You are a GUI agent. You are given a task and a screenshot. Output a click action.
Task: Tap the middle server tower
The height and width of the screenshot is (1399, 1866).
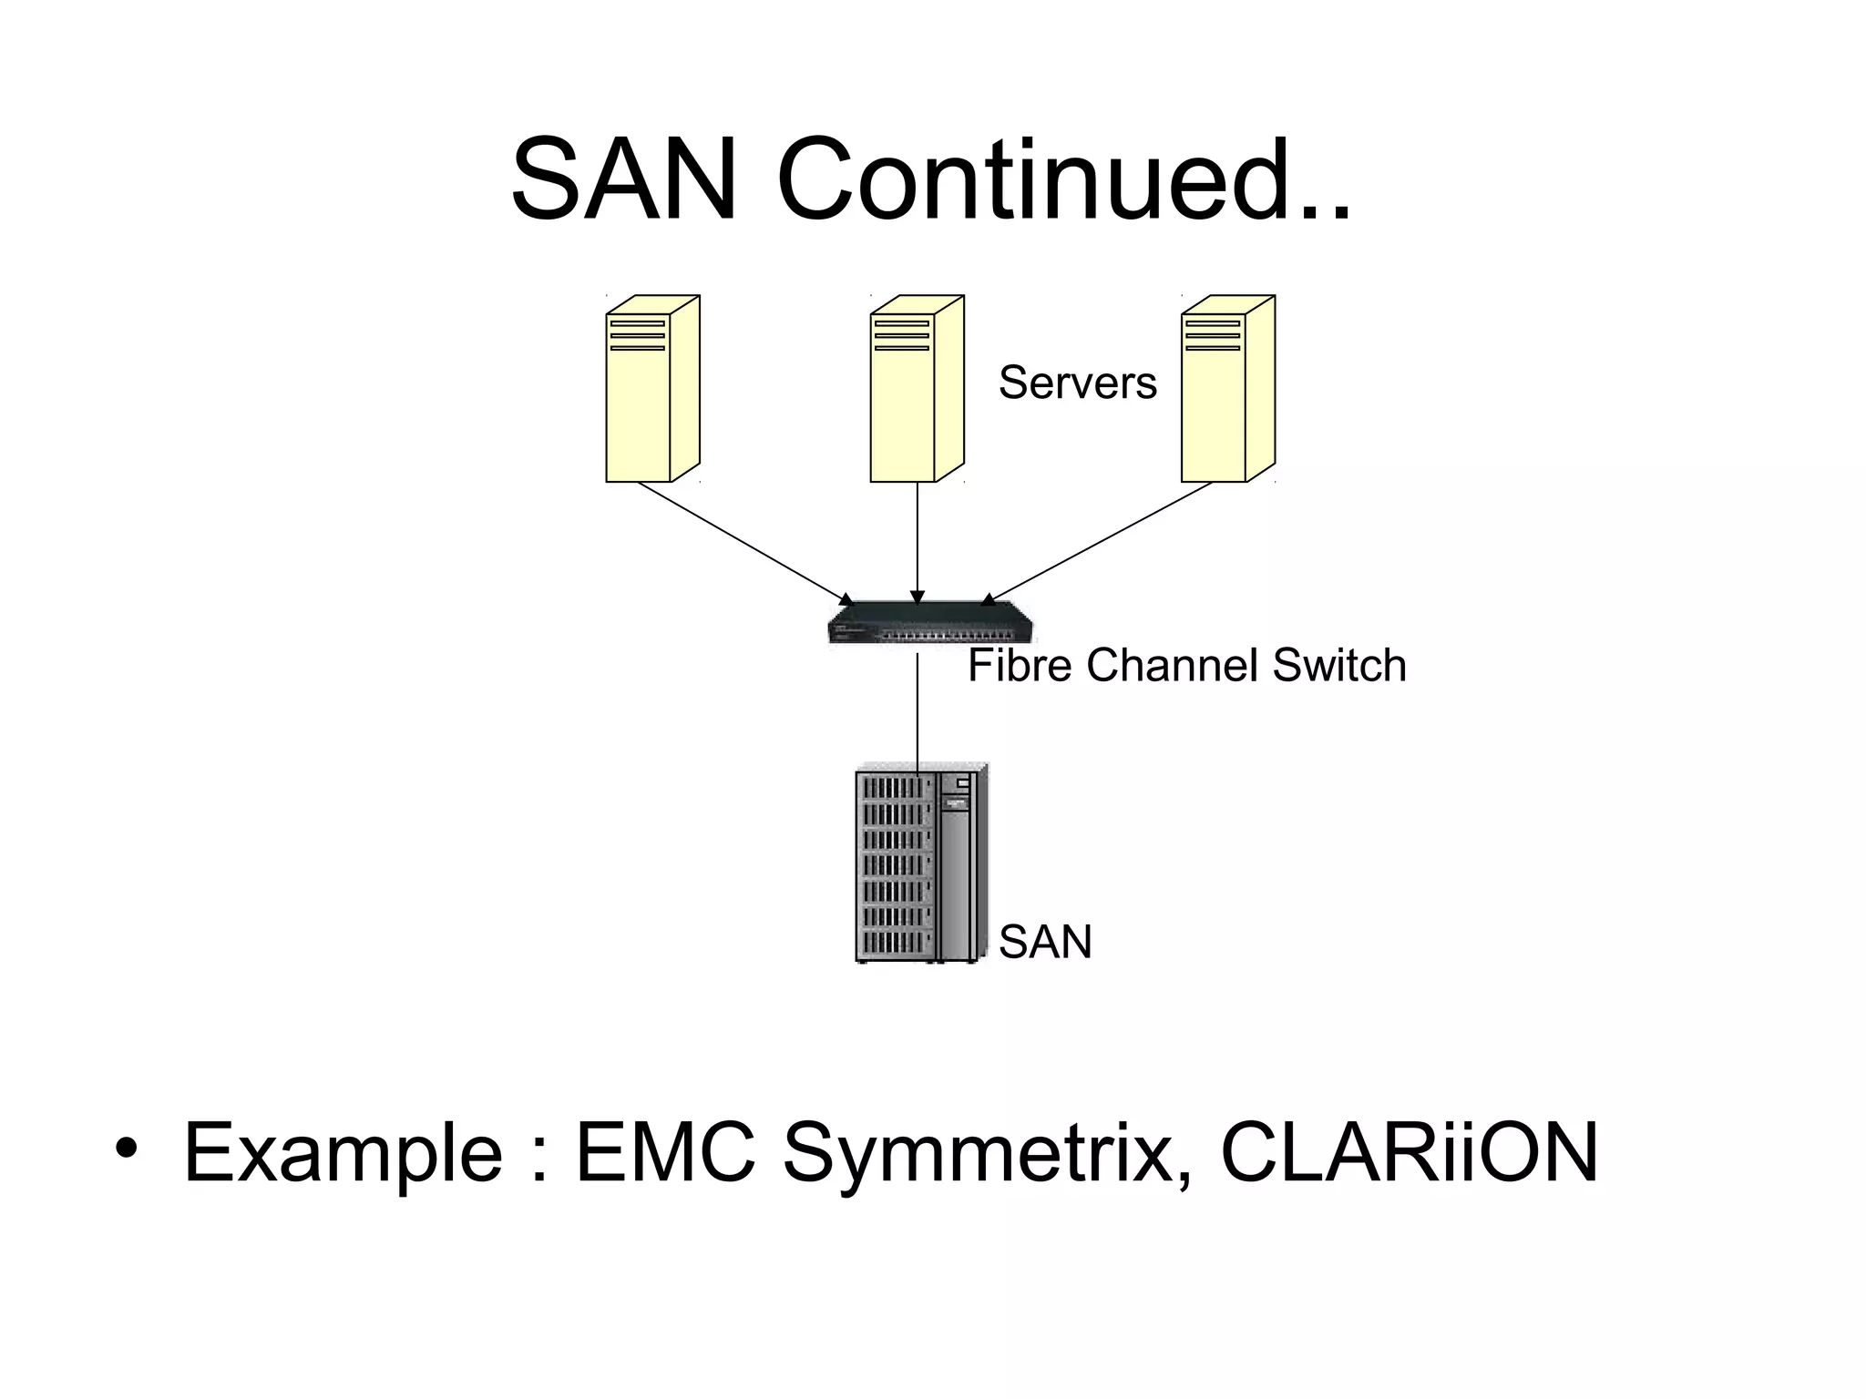coord(915,389)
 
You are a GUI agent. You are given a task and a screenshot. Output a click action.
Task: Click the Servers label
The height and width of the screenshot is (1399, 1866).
coord(1077,383)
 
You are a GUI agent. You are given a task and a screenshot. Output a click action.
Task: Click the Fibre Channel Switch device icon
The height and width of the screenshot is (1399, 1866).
coord(930,623)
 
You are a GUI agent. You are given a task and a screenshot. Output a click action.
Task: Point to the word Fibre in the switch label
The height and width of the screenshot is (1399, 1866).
coord(1020,665)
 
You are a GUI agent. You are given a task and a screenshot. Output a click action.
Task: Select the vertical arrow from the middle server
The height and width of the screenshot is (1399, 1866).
coord(918,542)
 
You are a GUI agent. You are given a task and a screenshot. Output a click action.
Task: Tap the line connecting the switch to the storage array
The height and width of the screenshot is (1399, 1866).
coord(918,706)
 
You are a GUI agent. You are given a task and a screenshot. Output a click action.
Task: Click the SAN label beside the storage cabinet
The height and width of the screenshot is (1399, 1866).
coord(1044,942)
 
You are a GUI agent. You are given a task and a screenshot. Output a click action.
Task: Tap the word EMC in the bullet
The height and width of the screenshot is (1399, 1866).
coord(665,1152)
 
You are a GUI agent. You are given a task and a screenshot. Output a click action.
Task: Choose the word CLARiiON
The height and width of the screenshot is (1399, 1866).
coord(1409,1152)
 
